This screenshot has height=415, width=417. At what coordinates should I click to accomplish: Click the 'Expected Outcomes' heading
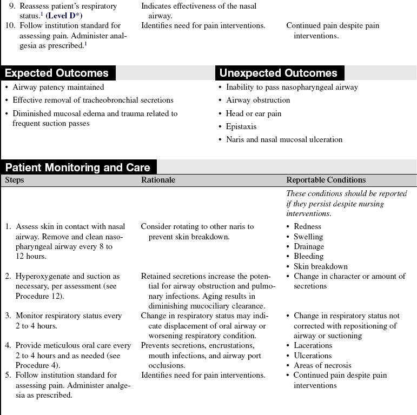[x=57, y=73]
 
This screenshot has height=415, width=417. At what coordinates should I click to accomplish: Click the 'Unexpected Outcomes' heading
[x=278, y=73]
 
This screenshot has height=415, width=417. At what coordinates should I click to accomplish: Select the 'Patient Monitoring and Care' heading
[x=78, y=168]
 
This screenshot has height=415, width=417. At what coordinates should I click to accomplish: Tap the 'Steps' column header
[x=15, y=180]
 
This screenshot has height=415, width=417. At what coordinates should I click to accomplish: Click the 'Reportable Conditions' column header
[x=326, y=180]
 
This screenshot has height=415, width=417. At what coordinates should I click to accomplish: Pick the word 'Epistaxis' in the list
[x=241, y=126]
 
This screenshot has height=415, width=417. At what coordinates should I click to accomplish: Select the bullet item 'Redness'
[x=307, y=226]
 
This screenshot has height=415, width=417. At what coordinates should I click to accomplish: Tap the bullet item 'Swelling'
[x=308, y=237]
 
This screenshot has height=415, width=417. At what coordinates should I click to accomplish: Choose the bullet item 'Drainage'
[x=309, y=246]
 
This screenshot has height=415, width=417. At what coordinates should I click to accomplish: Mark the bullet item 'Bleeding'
[x=308, y=256]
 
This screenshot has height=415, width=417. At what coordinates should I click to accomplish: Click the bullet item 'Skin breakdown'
[x=321, y=266]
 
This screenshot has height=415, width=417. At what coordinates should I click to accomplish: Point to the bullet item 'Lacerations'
[x=313, y=345]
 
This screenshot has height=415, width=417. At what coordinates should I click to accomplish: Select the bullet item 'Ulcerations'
[x=313, y=356]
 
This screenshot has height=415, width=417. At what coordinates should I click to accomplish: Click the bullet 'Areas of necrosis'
[x=322, y=365]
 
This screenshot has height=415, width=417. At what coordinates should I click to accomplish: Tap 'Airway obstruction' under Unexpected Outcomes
[x=258, y=100]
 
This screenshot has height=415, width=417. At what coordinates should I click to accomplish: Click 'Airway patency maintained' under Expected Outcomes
[x=58, y=87]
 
